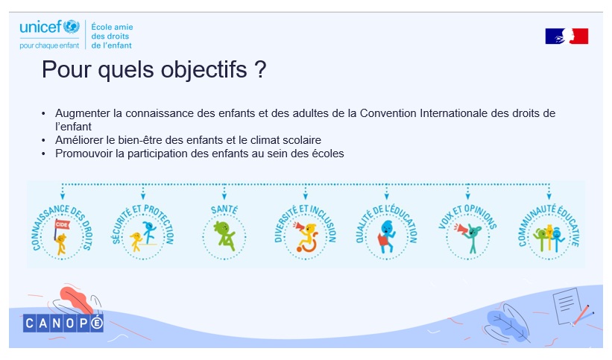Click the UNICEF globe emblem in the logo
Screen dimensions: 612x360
coord(72,27)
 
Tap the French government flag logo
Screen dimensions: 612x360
coord(567,36)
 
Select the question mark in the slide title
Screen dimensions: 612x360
coord(260,69)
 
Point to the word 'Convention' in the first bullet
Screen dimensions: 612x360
coord(388,113)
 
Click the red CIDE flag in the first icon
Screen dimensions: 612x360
coord(62,224)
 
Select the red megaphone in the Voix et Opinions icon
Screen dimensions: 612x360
coord(461,229)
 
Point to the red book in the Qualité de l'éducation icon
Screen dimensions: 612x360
coord(384,239)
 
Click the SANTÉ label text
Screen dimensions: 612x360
coord(224,209)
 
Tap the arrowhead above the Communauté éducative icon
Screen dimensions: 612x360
coord(549,197)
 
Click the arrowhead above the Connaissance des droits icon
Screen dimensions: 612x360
coord(63,197)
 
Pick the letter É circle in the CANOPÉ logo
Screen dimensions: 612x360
coord(96,323)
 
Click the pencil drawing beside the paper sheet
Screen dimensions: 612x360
coord(582,315)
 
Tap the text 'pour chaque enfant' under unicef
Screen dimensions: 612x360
coord(49,45)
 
